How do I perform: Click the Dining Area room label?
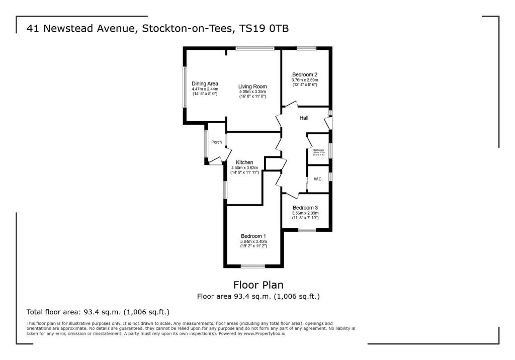pos(205,83)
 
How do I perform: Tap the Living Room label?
pos(252,86)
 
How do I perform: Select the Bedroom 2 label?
pos(305,74)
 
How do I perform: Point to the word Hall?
pos(304,118)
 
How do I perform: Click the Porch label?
pos(216,142)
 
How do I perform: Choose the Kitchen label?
pos(244,162)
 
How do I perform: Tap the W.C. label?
pos(318,179)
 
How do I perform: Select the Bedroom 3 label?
pos(305,208)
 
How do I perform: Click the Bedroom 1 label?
pos(253,236)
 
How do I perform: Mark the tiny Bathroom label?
pos(319,150)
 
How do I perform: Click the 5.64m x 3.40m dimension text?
pos(253,242)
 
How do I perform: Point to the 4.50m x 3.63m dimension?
pos(244,168)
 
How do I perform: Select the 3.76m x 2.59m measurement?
pos(305,80)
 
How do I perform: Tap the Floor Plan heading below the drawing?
pos(258,285)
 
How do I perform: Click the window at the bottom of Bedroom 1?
pos(252,265)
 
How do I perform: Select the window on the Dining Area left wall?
pos(184,86)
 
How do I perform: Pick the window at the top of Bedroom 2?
pos(306,48)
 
